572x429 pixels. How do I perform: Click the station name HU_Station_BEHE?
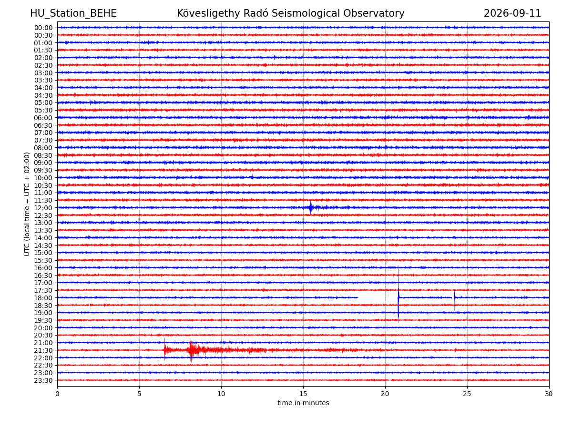pyautogui.click(x=73, y=13)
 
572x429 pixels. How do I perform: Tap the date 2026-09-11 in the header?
pyautogui.click(x=512, y=13)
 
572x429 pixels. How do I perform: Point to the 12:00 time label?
pyautogui.click(x=43, y=208)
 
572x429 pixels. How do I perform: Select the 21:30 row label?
pyautogui.click(x=43, y=350)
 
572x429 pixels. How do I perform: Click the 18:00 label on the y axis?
pyautogui.click(x=43, y=298)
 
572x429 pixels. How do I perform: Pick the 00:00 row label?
pyautogui.click(x=43, y=28)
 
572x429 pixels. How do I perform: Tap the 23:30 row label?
pyautogui.click(x=43, y=380)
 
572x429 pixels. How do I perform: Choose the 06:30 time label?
pyautogui.click(x=43, y=125)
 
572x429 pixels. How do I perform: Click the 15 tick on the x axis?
pyautogui.click(x=303, y=394)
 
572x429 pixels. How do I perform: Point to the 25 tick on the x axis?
pyautogui.click(x=467, y=394)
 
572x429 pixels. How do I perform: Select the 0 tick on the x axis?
pyautogui.click(x=57, y=394)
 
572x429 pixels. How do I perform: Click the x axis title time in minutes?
pyautogui.click(x=303, y=403)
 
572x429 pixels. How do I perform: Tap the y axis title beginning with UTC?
pyautogui.click(x=27, y=204)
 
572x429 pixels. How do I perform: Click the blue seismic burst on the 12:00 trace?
pyautogui.click(x=310, y=207)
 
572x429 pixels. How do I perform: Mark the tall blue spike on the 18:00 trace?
pyautogui.click(x=398, y=294)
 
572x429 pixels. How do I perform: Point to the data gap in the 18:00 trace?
pyautogui.click(x=378, y=297)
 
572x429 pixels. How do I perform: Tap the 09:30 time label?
pyautogui.click(x=43, y=170)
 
